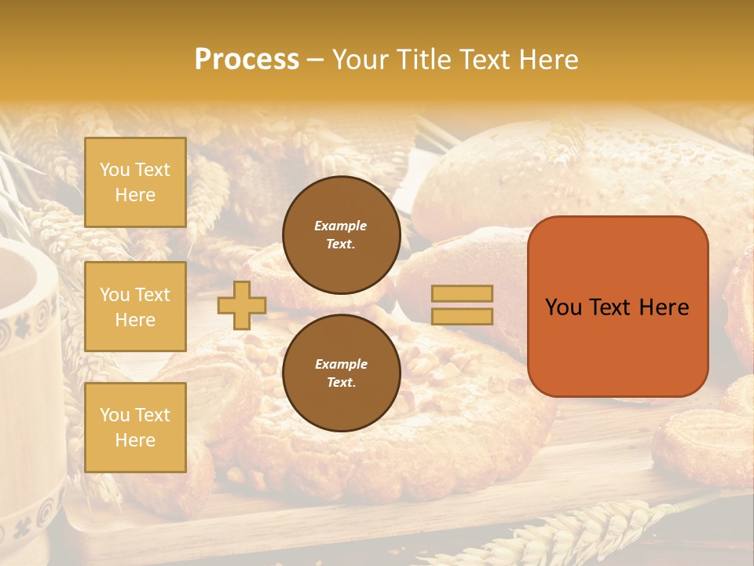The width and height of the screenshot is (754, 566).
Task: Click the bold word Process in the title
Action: [x=247, y=60]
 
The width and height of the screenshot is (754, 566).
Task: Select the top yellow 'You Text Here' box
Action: [x=135, y=182]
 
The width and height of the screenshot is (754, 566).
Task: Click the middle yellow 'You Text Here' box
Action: [x=135, y=307]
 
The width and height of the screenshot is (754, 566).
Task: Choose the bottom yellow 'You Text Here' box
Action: [x=135, y=428]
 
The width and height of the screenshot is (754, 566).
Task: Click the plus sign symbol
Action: [x=242, y=305]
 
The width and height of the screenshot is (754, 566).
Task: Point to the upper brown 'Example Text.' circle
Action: [x=341, y=234]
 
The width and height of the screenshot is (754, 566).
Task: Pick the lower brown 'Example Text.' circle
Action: [x=341, y=373]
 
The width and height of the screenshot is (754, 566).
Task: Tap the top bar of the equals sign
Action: [x=463, y=294]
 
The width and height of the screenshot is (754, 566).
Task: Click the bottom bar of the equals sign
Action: [x=463, y=316]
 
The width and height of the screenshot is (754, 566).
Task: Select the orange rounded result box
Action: [x=617, y=306]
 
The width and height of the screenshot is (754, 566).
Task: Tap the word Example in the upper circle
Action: [x=341, y=226]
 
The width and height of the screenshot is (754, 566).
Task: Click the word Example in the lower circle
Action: [x=341, y=364]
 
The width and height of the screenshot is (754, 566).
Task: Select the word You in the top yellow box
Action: [x=114, y=170]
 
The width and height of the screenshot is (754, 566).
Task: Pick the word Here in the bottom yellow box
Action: [x=135, y=440]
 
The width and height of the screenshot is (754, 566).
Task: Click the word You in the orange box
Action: [x=563, y=307]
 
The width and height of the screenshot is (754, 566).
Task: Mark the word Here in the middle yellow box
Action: [x=135, y=320]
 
